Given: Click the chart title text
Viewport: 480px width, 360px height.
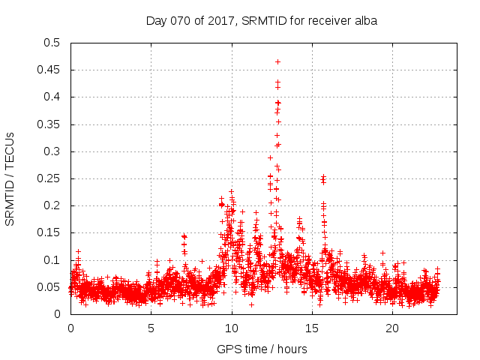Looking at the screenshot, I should coord(261,20).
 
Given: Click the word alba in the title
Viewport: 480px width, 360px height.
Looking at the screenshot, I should coord(364,20).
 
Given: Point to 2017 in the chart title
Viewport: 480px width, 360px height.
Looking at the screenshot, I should coord(216,20).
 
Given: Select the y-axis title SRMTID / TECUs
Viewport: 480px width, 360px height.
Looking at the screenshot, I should coord(10,178).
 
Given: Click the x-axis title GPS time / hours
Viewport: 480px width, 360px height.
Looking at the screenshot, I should coord(261,349).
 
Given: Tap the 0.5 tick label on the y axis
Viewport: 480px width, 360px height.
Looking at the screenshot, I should coord(52,43).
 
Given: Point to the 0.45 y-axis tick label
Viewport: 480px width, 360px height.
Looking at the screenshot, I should coord(49,70).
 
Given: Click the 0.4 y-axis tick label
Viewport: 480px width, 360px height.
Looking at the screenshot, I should coord(52,97).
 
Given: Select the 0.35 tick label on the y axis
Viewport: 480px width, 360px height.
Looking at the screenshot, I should coord(49,124).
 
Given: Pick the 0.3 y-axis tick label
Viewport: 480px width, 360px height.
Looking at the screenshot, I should coord(52,151).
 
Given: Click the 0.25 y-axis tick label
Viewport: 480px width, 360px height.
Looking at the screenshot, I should coord(49,178).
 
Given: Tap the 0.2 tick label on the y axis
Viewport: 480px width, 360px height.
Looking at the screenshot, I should coord(52,205).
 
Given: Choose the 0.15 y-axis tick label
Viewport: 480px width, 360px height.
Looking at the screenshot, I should coord(49,233).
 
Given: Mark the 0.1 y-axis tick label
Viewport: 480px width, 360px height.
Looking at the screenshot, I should coord(52,260).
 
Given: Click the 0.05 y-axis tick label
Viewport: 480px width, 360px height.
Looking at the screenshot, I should coord(49,287).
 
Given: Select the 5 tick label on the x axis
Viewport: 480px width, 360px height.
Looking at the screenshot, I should coord(151,328).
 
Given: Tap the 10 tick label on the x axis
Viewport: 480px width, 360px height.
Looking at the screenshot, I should coord(232,328).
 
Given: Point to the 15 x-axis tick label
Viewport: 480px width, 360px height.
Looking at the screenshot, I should coord(312,328).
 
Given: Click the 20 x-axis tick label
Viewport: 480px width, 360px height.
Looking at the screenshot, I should coord(392,328).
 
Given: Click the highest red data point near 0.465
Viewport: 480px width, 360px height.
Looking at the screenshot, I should coord(277,61).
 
